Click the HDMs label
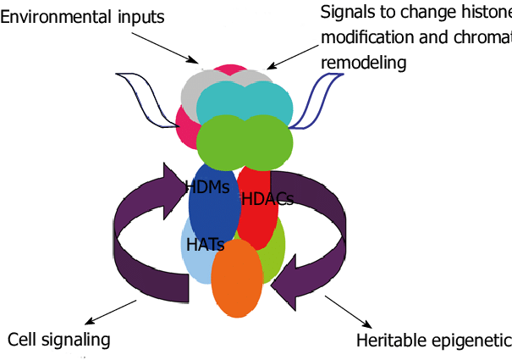pyautogui.click(x=207, y=187)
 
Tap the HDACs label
pyautogui.click(x=267, y=199)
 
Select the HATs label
pyautogui.click(x=205, y=244)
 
